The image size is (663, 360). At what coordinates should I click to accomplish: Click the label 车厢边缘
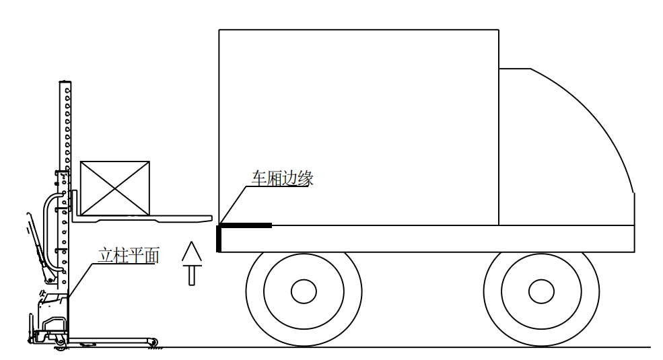coord(283,178)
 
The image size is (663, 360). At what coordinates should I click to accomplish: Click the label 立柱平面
coord(129,255)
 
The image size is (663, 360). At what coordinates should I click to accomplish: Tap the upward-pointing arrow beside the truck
coord(192,263)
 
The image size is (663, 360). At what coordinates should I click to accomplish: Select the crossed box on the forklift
coord(115,188)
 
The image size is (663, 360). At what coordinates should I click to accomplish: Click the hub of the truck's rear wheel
coord(304,291)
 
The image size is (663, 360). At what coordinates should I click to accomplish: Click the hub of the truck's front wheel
coord(541,291)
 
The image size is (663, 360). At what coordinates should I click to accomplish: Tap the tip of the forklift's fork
coord(211,218)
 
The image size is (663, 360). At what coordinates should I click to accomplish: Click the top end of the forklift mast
coord(65,81)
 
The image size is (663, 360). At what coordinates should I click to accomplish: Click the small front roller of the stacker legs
coord(153,343)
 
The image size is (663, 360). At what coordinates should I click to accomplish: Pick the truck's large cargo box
coord(359,127)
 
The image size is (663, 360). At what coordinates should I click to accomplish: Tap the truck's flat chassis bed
coord(427,239)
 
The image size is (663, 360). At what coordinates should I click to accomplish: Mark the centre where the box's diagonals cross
coord(115,188)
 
